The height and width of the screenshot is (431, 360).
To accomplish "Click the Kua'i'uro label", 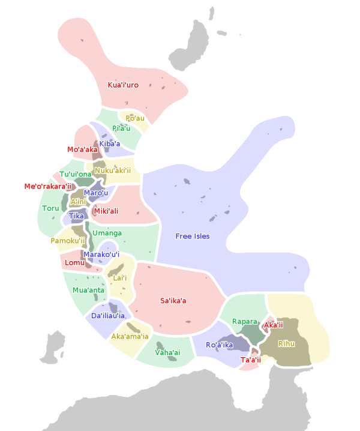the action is (123, 85).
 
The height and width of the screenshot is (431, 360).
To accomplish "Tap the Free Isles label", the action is (193, 236).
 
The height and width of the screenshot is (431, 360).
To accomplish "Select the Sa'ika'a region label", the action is (173, 300).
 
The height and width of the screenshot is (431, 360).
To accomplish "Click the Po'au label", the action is (135, 118).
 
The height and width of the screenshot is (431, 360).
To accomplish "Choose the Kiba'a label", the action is (110, 143).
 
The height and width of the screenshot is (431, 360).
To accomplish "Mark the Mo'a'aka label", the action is (82, 149).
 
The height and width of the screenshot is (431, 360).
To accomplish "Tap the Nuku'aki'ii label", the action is (112, 170).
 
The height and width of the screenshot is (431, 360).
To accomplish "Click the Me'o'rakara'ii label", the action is (47, 186).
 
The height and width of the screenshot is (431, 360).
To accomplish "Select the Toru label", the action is (50, 208).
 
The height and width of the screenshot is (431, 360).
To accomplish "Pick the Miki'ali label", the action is (106, 211).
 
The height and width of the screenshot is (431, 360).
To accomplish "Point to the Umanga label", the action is (107, 233).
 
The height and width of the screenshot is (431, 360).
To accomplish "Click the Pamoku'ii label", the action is (68, 241).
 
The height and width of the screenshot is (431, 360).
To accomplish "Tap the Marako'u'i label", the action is (101, 255).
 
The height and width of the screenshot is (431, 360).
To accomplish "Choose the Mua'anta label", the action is (88, 290).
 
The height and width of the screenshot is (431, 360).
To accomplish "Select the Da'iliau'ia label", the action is (108, 315).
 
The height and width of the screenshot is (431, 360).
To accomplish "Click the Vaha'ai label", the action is (167, 352).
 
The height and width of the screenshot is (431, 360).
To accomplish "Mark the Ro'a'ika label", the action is (219, 345).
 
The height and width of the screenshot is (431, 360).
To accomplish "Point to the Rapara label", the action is (244, 322).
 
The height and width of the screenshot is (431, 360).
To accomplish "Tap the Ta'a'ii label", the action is (250, 360).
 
